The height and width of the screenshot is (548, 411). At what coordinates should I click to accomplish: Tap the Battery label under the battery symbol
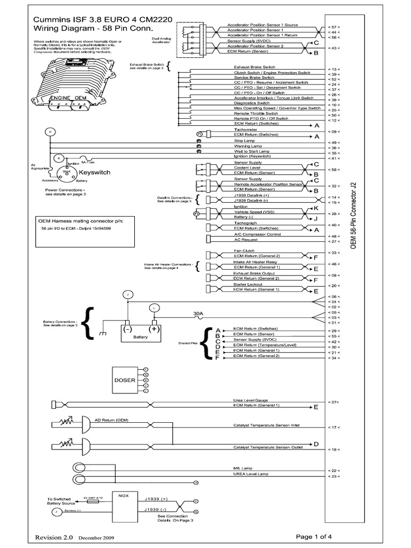click(x=140, y=337)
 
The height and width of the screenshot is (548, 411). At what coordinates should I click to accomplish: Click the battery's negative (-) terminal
click(x=127, y=329)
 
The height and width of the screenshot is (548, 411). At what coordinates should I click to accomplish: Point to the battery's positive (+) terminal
click(x=154, y=329)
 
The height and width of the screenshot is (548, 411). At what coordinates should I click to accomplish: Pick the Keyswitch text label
click(x=94, y=173)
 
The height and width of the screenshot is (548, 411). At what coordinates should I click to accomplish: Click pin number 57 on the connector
click(x=334, y=27)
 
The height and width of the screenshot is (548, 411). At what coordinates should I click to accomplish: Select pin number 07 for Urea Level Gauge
click(x=334, y=401)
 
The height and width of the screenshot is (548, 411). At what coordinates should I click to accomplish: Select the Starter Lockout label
click(x=248, y=285)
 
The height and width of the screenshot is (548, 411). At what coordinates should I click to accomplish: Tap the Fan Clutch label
click(x=243, y=250)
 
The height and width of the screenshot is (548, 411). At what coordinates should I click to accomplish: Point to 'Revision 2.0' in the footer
click(x=53, y=537)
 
